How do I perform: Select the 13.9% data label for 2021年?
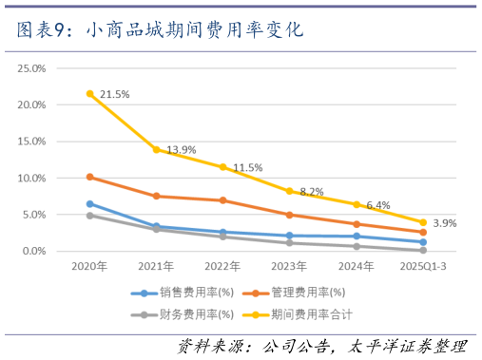pyautogui.click(x=181, y=150)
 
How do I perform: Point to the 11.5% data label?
pyautogui.click(x=247, y=167)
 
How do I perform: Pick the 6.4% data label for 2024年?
pyautogui.click(x=378, y=204)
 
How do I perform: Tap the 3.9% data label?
pyautogui.click(x=445, y=223)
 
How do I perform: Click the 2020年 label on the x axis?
pyautogui.click(x=89, y=267)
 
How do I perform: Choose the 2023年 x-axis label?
pyautogui.click(x=289, y=267)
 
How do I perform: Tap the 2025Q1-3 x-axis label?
pyautogui.click(x=422, y=267)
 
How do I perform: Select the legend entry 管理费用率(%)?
pyautogui.click(x=301, y=294)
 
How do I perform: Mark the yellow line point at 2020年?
pyautogui.click(x=89, y=94)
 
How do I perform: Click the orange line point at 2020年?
pyautogui.click(x=89, y=177)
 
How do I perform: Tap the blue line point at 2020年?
pyautogui.click(x=89, y=203)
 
